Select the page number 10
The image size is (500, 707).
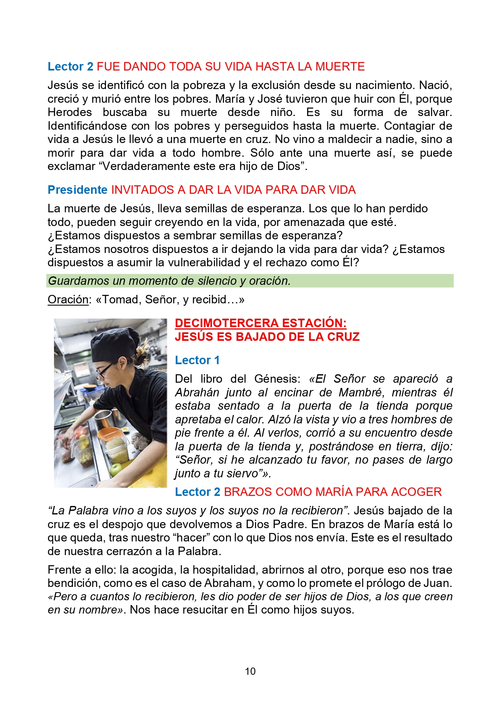click(250, 671)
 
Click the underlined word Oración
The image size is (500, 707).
click(68, 300)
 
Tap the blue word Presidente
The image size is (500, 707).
click(77, 190)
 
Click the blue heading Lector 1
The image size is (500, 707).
click(197, 360)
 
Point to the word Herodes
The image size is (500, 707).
click(70, 112)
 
